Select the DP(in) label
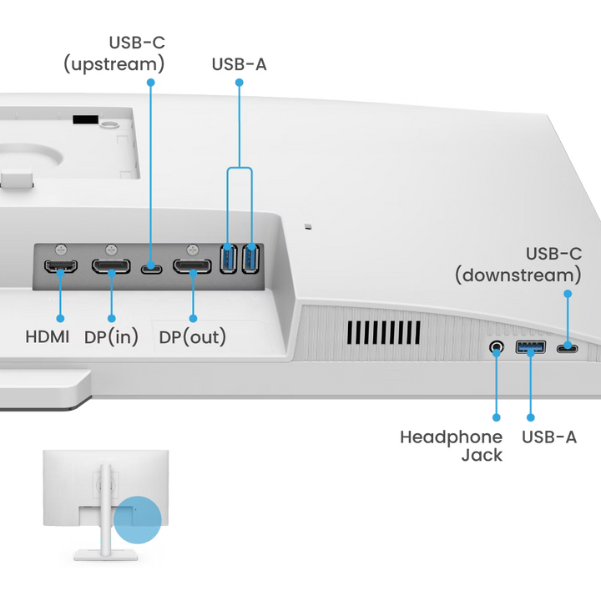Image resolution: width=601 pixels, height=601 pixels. coord(111,337)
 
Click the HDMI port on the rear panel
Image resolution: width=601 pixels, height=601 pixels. coord(60,268)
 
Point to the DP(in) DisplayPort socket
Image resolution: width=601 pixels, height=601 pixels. coord(110,268)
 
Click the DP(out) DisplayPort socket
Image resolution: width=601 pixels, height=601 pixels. coord(192,268)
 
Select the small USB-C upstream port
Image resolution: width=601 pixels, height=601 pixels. coord(151,269)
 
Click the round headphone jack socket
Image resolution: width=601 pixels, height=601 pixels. coord(497,346)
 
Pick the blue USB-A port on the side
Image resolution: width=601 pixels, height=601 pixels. coord(531,346)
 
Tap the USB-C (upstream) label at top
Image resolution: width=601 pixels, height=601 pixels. coord(114,52)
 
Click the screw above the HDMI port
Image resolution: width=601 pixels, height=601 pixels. coord(60,249)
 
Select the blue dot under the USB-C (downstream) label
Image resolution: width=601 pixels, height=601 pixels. coord(568,294)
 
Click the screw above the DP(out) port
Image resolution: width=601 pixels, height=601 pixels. coord(192,249)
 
